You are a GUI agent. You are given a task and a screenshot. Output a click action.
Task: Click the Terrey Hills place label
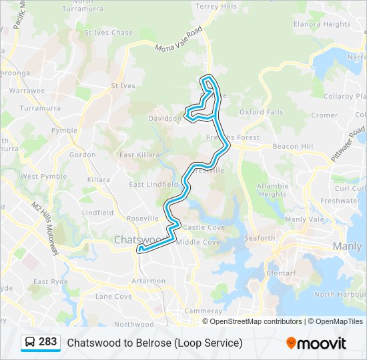216,6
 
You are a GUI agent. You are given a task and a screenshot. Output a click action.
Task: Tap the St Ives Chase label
108,33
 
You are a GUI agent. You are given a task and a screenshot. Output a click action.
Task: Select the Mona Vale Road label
179,40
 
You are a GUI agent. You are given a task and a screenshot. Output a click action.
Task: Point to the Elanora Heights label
322,24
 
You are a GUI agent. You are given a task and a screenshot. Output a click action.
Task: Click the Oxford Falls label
261,112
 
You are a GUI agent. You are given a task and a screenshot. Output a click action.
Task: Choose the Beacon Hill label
293,146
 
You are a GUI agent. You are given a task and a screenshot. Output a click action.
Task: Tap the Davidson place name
164,118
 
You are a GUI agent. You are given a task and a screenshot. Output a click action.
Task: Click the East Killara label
138,155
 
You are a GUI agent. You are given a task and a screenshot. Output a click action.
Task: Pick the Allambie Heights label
272,190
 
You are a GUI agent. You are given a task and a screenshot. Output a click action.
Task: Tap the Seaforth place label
260,238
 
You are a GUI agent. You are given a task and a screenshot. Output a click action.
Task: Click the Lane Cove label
113,296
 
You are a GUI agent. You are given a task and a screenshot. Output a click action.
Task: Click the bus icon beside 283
30,343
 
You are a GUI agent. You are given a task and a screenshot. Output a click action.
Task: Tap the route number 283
47,342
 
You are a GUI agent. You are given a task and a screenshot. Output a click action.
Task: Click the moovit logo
316,343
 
